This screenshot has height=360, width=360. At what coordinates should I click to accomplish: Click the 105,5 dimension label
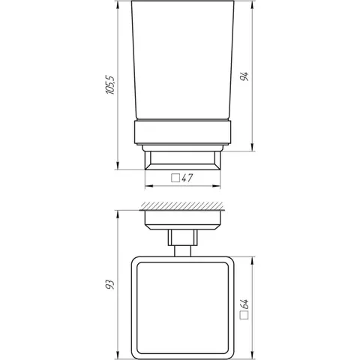[x=110, y=85]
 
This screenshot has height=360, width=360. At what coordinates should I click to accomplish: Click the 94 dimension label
[x=244, y=76]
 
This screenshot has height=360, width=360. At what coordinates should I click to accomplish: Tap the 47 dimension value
[x=187, y=178]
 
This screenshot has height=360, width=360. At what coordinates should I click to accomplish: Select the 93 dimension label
[x=109, y=284]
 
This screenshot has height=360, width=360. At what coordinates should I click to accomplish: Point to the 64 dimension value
[x=244, y=304]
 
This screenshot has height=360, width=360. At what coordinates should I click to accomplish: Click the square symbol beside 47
[x=175, y=178]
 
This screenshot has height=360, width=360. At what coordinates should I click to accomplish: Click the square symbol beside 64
[x=244, y=315]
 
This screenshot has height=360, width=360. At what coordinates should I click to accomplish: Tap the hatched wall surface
[x=182, y=205]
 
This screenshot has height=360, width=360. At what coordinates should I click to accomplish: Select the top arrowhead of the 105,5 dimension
[x=118, y=5]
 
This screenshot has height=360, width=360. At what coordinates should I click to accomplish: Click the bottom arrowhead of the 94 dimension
[x=253, y=146]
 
